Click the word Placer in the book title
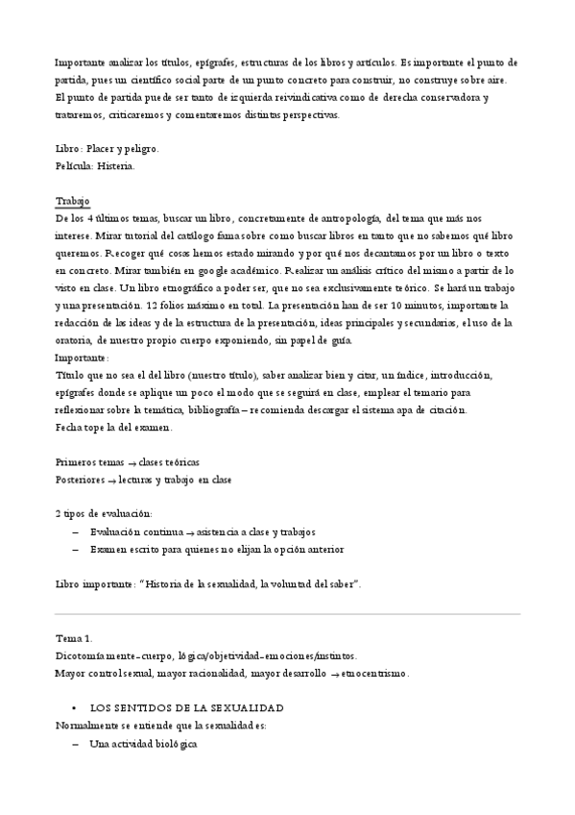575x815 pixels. pyautogui.click(x=104, y=149)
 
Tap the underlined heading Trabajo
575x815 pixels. pyautogui.click(x=73, y=201)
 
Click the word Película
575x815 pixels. pyautogui.click(x=75, y=166)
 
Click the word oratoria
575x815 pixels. pyautogui.click(x=76, y=339)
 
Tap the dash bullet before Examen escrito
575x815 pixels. pyautogui.click(x=75, y=549)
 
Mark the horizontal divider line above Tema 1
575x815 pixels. pyautogui.click(x=287, y=614)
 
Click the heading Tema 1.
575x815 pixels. pyautogui.click(x=75, y=637)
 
